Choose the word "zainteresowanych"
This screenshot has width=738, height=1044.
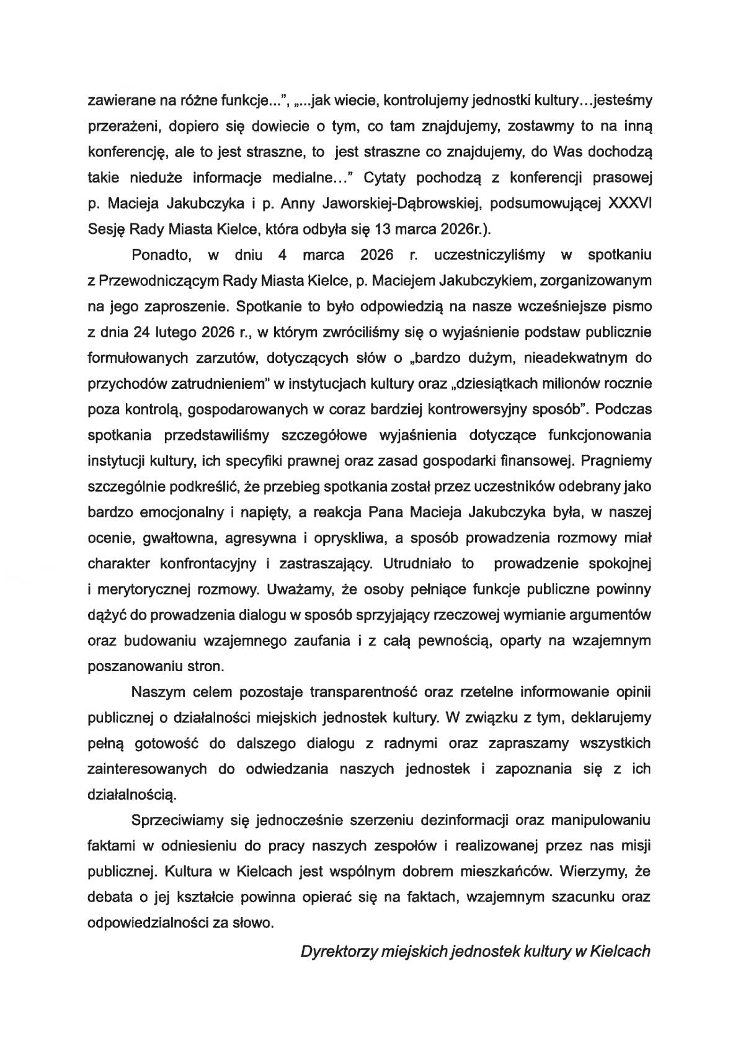click(147, 769)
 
